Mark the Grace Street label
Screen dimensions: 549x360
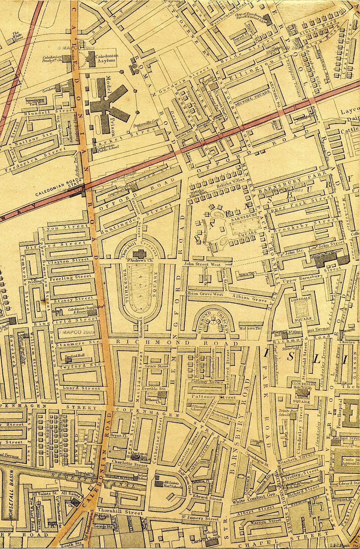(x=157, y=366)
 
